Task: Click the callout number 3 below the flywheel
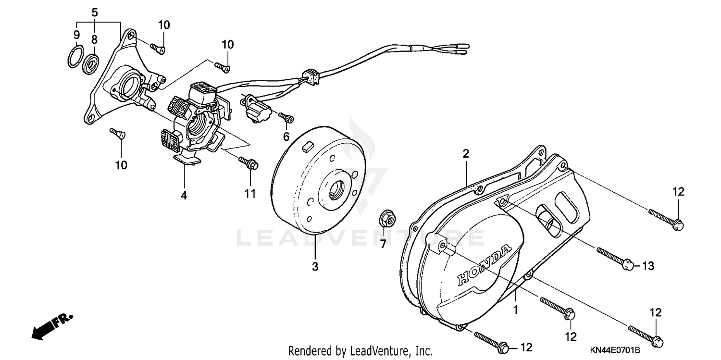(315, 266)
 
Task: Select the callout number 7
(383, 245)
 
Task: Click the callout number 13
(648, 266)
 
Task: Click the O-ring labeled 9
(73, 57)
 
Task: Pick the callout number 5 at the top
(94, 11)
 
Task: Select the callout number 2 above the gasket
(465, 154)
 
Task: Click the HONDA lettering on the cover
(484, 265)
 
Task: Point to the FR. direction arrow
(51, 326)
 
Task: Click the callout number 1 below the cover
(516, 310)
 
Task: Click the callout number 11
(250, 194)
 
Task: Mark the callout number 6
(286, 137)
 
